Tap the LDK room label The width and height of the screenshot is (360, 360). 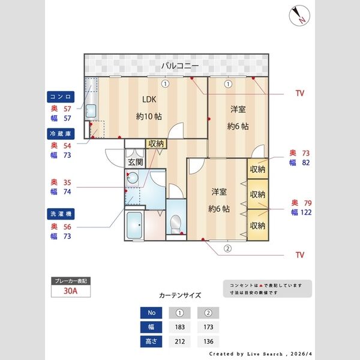148,100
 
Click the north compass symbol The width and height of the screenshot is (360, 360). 298,16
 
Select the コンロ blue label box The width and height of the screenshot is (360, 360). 61,96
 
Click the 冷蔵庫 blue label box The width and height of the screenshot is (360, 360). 61,133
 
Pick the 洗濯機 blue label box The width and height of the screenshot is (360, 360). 61,214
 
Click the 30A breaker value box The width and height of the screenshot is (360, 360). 70,292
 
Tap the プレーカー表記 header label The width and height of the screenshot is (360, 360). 70,281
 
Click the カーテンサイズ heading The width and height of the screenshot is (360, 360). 180,295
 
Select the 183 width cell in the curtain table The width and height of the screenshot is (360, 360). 179,328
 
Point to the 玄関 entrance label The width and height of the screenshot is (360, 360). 134,162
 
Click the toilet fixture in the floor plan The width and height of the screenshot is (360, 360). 176,224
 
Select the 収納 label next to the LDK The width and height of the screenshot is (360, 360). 155,143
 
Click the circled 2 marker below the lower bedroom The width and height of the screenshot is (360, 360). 227,248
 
